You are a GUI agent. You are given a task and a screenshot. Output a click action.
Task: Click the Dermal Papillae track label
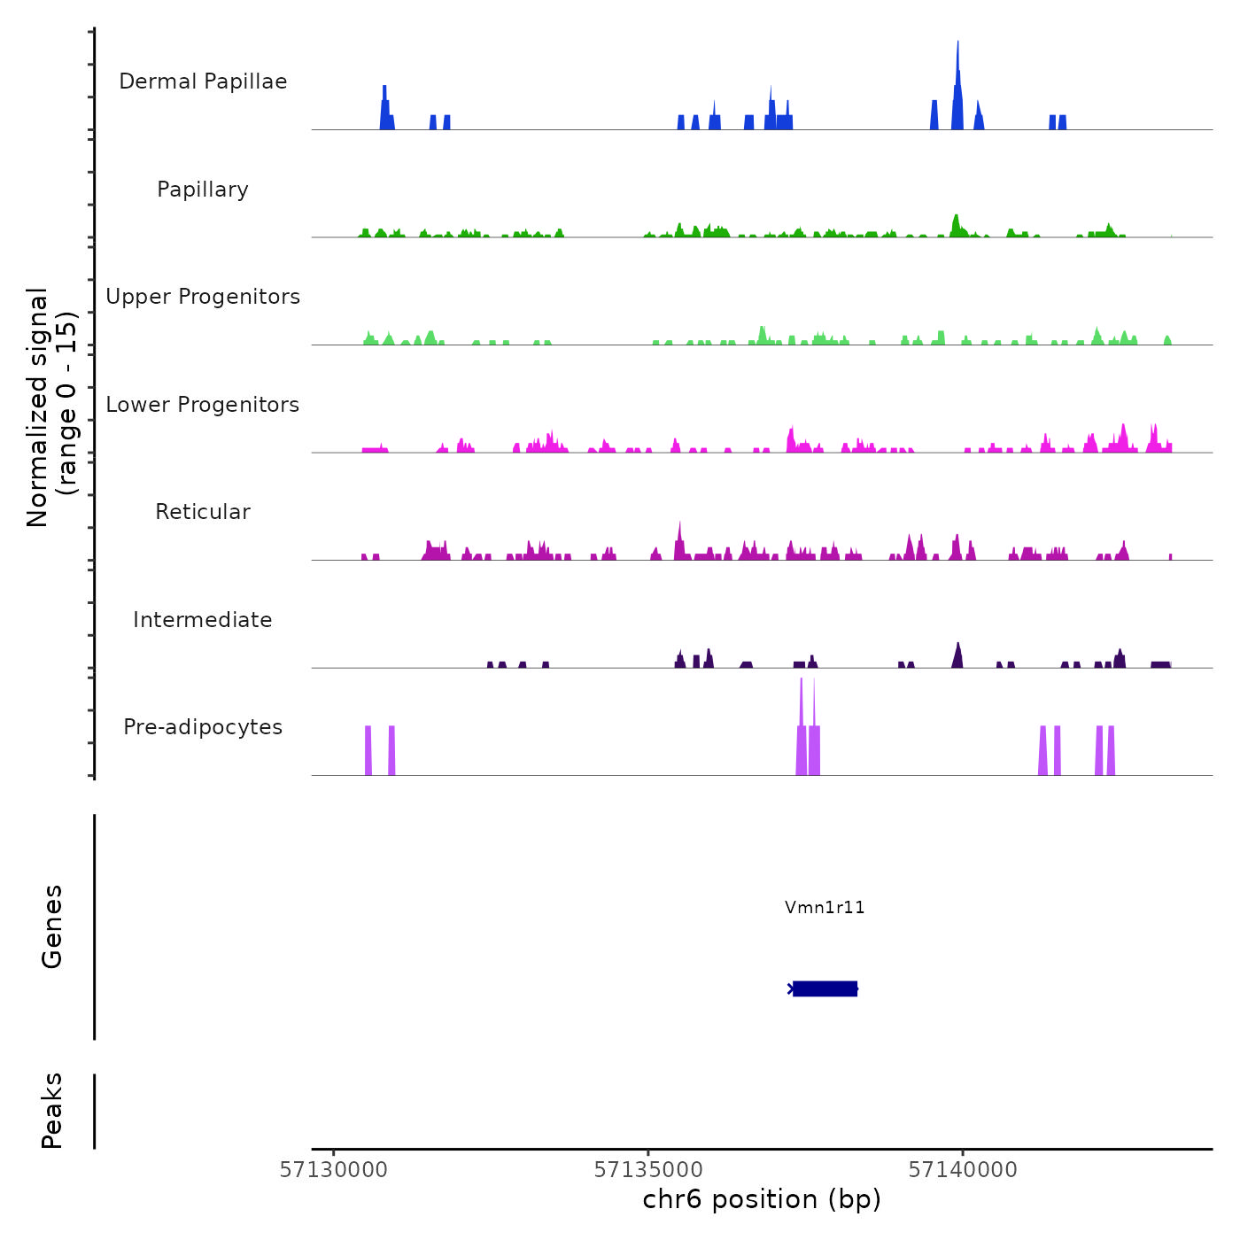203,81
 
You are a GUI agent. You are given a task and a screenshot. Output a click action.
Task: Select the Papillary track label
203,190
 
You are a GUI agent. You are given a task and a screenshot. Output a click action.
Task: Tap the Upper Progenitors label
203,297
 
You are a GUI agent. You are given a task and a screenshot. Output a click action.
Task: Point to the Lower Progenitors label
203,405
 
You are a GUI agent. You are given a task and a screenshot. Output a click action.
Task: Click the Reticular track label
203,512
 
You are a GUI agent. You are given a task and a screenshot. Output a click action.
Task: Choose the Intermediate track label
203,620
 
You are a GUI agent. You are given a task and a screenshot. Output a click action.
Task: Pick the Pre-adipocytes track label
203,727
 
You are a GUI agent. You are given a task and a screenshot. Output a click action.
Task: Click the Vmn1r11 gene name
825,907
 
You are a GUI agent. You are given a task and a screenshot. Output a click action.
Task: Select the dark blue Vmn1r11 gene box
825,988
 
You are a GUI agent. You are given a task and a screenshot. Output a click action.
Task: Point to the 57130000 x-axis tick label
334,1170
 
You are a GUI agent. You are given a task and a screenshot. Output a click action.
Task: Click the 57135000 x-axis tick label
648,1170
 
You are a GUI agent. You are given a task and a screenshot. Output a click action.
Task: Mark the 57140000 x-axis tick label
963,1170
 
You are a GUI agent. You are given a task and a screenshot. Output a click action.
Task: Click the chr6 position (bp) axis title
762,1199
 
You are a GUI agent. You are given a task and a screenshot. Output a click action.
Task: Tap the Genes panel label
52,926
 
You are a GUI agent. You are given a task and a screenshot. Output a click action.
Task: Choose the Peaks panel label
52,1111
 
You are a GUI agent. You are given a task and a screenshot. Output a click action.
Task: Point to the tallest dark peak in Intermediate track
957,655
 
